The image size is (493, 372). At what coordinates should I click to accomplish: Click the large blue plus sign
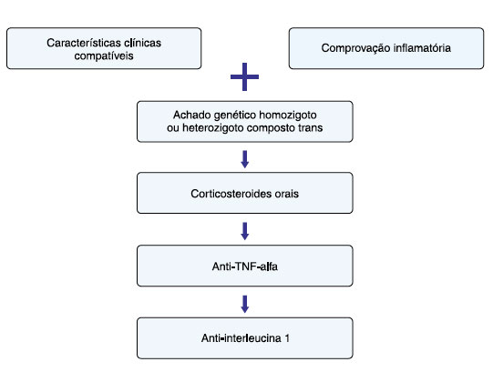pyautogui.click(x=244, y=77)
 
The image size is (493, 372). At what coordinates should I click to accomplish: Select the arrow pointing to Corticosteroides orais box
pyautogui.click(x=245, y=159)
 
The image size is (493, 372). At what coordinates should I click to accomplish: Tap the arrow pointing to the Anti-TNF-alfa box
pyautogui.click(x=245, y=231)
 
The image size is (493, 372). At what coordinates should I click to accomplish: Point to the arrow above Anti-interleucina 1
pyautogui.click(x=245, y=304)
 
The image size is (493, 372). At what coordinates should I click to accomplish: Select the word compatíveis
pyautogui.click(x=104, y=55)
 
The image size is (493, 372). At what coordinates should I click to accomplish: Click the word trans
pyautogui.click(x=311, y=127)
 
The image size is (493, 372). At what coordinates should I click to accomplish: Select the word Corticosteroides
pyautogui.click(x=231, y=194)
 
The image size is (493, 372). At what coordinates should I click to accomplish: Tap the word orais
pyautogui.click(x=287, y=194)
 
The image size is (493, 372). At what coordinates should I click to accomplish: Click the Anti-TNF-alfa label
pyautogui.click(x=244, y=266)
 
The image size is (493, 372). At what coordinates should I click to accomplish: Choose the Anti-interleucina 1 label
pyautogui.click(x=245, y=338)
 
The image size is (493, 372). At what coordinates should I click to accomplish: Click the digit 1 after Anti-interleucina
pyautogui.click(x=287, y=338)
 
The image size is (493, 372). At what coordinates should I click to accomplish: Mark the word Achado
pyautogui.click(x=191, y=115)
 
